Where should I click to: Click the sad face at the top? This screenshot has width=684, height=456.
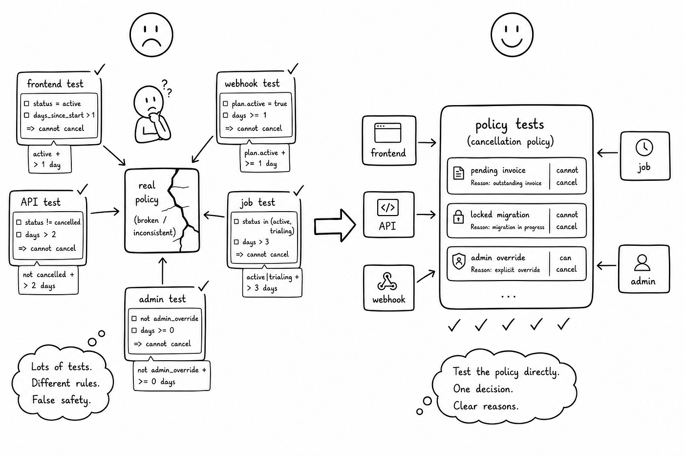point(151,35)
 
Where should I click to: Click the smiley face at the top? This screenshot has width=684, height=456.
point(512,35)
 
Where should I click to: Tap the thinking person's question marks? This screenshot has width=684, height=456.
point(167,88)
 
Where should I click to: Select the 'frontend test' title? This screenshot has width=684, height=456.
point(55,84)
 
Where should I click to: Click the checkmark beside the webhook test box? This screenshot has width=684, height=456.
point(293,68)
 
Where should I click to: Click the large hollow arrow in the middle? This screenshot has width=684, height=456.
point(335,225)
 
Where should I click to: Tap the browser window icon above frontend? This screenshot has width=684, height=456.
point(388,132)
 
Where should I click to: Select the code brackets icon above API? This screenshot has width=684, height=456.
point(388,208)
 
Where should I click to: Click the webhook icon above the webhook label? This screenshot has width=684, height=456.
point(387,282)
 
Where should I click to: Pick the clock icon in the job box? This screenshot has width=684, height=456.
point(644,148)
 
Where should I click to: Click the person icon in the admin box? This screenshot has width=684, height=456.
point(642,262)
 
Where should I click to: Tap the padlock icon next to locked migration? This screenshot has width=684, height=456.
point(458,217)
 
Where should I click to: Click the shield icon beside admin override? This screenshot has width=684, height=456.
point(459,261)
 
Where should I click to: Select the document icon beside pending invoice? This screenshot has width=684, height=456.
point(459,173)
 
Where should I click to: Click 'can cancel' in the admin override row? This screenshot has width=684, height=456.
point(566,263)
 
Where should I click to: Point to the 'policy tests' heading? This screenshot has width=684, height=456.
point(509,125)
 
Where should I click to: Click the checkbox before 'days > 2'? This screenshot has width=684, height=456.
point(19,235)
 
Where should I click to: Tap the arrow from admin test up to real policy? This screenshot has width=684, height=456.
point(163,271)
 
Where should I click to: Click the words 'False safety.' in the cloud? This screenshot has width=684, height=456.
point(62,400)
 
